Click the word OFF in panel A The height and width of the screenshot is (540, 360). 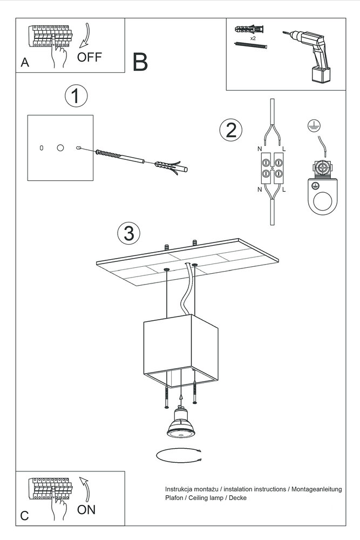(90, 57)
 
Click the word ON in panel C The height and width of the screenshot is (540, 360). (86, 509)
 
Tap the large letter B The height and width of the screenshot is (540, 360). (140, 63)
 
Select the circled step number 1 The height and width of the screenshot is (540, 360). (76, 96)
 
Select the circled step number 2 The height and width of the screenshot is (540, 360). (230, 130)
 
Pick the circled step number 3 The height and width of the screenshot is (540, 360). (128, 233)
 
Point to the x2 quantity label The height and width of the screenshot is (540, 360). (252, 39)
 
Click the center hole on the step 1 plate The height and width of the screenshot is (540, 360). (60, 147)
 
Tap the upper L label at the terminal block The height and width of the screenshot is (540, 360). (284, 148)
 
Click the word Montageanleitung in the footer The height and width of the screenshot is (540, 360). (317, 489)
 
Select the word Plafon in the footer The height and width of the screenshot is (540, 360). (174, 498)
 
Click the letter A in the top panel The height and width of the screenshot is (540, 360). (24, 63)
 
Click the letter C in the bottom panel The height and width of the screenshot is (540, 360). (24, 516)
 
